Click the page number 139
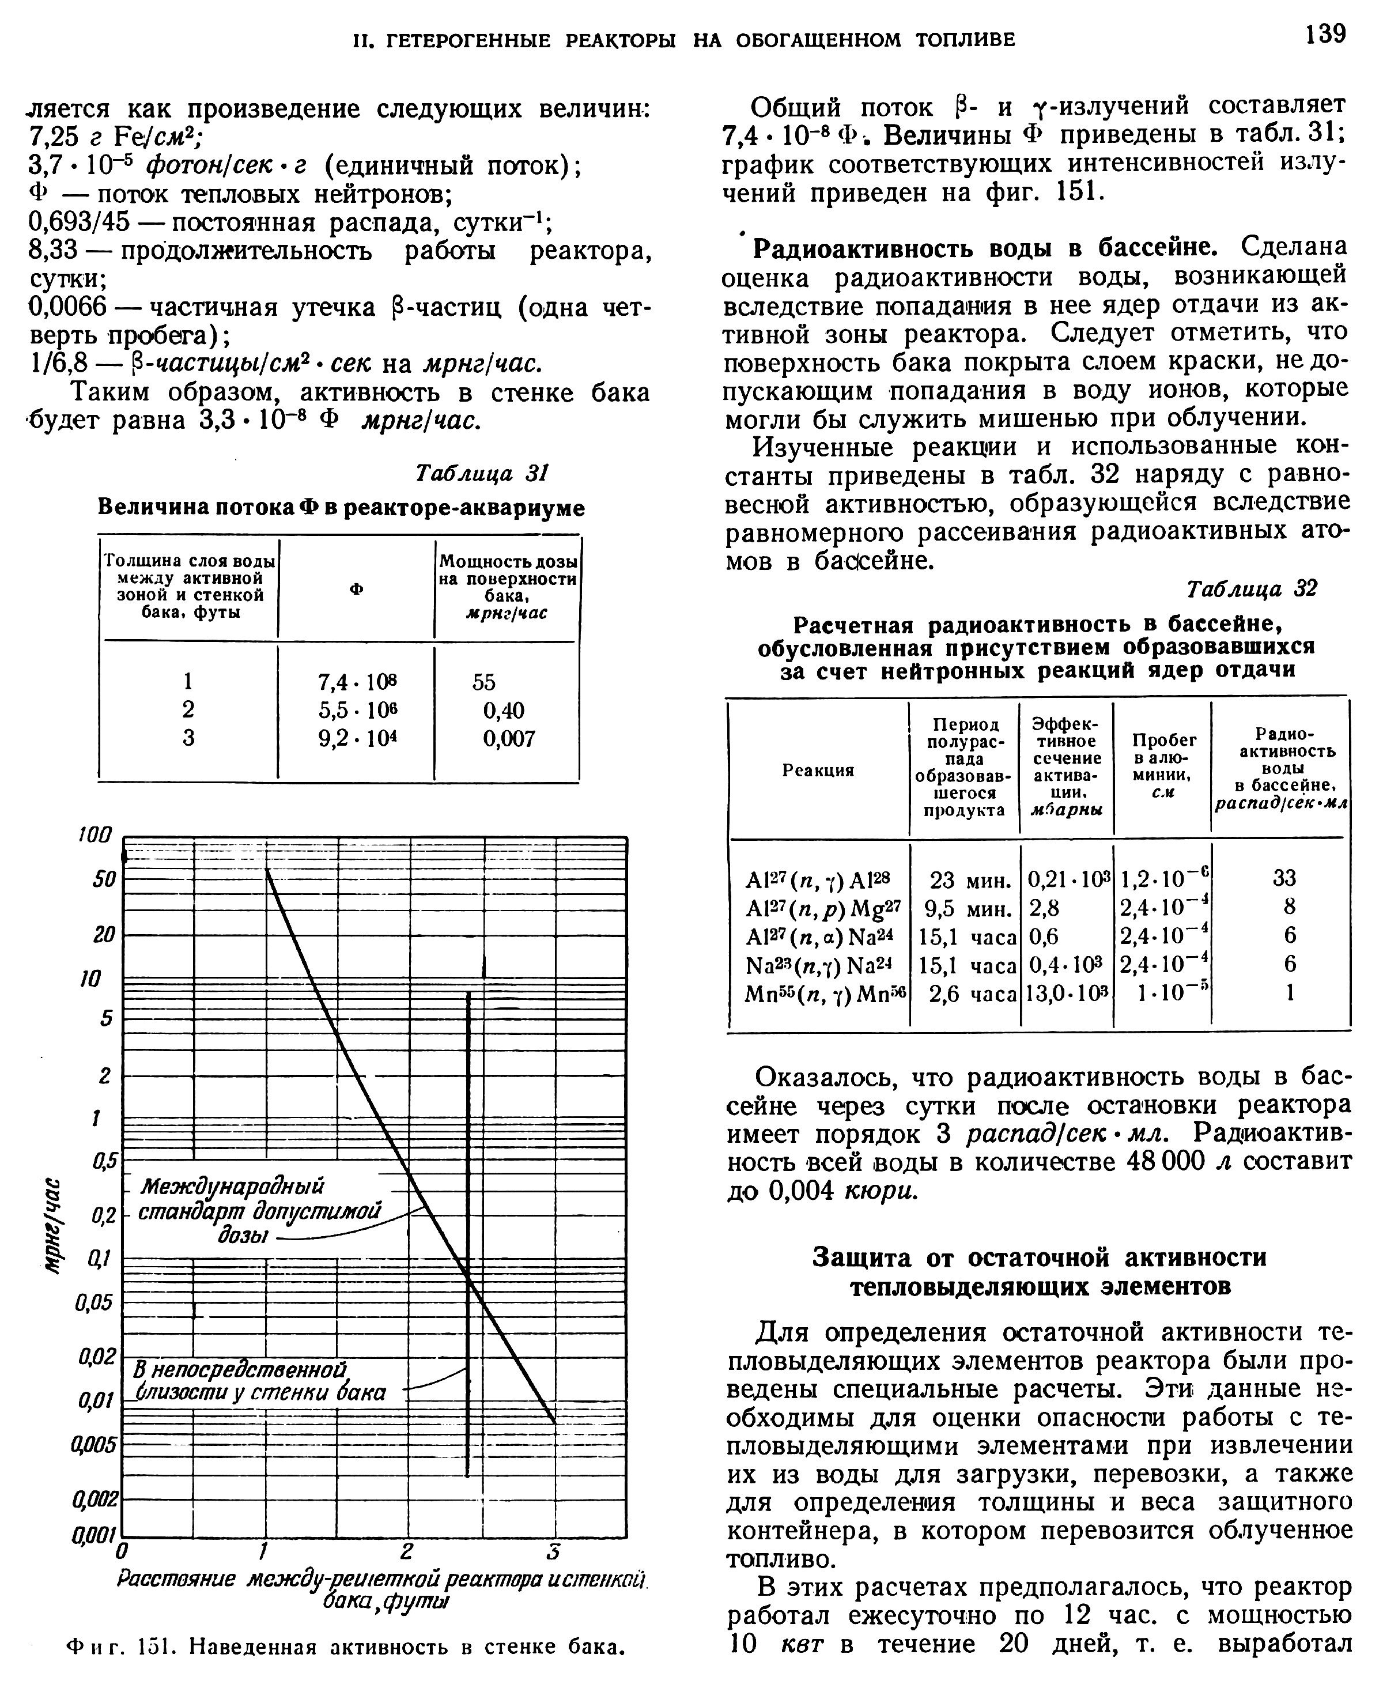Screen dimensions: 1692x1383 [x=1325, y=33]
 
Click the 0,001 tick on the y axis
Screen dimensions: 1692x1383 [x=95, y=1534]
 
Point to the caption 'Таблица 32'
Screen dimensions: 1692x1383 [x=1252, y=589]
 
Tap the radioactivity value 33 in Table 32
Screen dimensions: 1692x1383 [x=1284, y=878]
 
